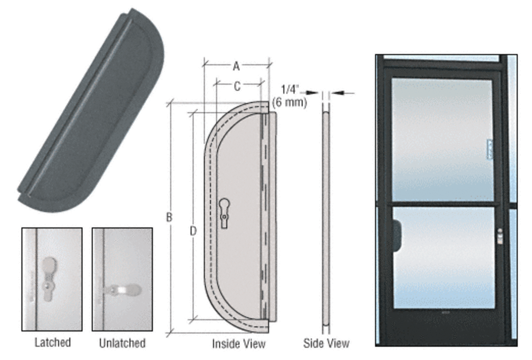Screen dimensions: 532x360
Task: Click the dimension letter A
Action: (x=236, y=66)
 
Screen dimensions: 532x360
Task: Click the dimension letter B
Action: (x=169, y=217)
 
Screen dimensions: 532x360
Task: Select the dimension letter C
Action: (x=237, y=87)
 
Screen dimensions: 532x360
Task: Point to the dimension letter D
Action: (x=193, y=232)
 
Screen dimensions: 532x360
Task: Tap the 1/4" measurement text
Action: (x=290, y=90)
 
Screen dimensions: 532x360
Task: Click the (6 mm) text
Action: (x=290, y=102)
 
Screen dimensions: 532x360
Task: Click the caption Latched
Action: (x=52, y=342)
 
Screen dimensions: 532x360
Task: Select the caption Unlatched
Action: (x=122, y=343)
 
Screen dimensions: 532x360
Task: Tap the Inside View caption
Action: (x=238, y=344)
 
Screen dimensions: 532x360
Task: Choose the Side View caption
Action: (x=326, y=343)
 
